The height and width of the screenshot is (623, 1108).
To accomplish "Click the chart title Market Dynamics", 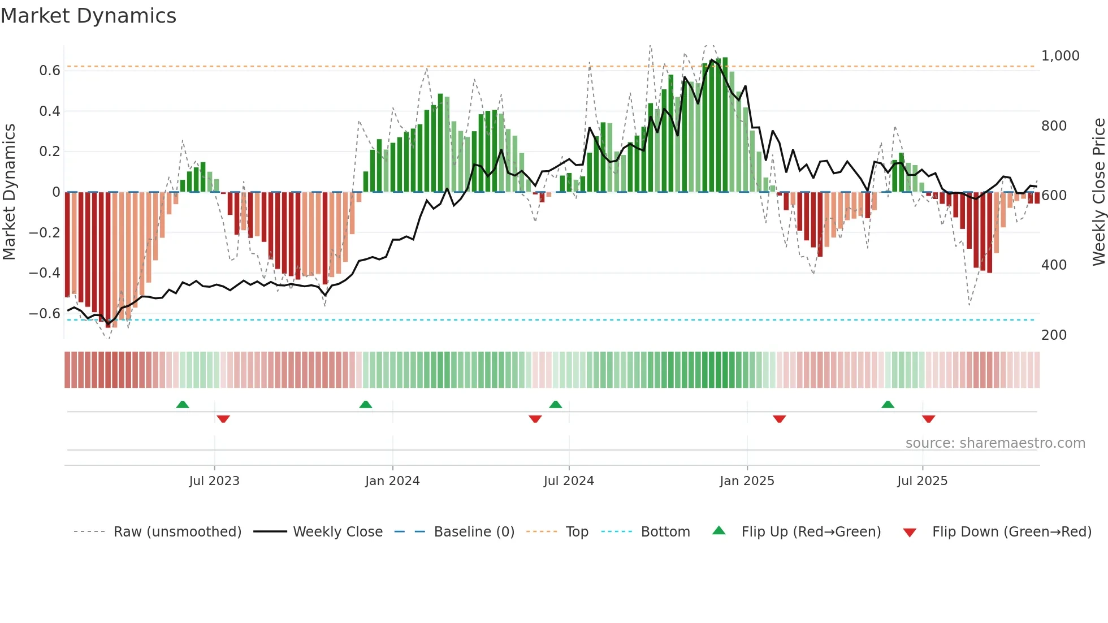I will click(88, 16).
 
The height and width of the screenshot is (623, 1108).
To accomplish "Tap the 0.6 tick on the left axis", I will click(50, 71).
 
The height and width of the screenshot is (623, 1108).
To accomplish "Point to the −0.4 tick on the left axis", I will click(45, 273).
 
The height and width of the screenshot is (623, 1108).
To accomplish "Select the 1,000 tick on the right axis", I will click(1060, 56).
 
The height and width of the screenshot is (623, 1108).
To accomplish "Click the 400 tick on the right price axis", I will click(1054, 265).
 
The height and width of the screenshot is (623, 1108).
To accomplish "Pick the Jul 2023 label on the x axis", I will click(214, 481).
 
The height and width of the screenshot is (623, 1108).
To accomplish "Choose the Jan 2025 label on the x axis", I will click(747, 481).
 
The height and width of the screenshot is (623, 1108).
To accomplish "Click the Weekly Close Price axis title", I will click(1098, 192).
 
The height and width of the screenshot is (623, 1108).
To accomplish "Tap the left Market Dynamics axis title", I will click(9, 192).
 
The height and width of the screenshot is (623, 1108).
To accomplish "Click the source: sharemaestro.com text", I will click(995, 443).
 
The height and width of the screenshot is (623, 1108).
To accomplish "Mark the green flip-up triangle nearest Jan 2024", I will click(366, 405).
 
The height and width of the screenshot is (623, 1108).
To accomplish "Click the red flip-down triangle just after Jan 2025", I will click(780, 419).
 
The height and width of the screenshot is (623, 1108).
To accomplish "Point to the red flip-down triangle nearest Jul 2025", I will click(928, 419).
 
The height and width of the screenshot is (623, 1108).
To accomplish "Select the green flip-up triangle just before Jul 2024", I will click(556, 405).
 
